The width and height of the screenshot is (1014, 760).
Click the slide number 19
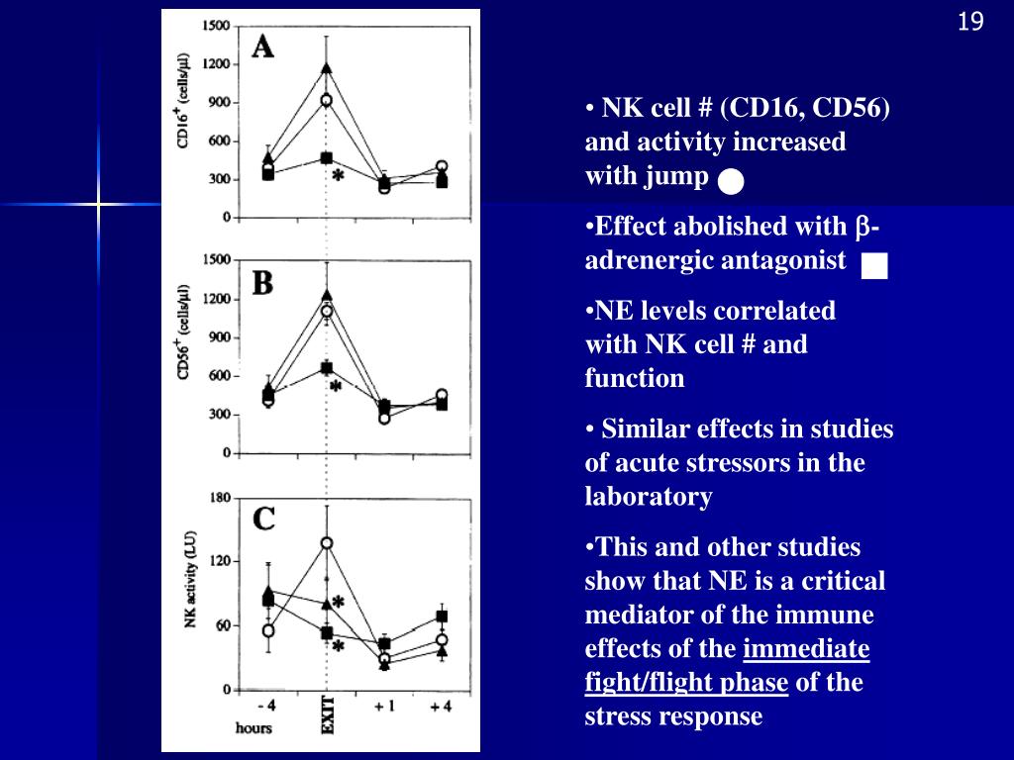coord(970,22)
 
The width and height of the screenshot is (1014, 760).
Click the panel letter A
coord(262,46)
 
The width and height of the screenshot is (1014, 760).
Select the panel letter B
coord(262,284)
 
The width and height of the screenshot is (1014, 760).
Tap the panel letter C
coord(263,519)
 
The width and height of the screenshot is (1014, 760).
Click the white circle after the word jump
coord(731,181)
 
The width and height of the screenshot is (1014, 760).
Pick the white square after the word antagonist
coord(874,266)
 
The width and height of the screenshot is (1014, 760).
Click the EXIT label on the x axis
coord(328,715)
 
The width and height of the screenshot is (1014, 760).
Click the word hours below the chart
coord(253,727)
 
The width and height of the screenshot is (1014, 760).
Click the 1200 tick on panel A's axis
coord(217,64)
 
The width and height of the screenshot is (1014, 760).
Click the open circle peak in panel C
coord(327,542)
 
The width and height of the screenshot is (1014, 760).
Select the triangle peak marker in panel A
coord(327,67)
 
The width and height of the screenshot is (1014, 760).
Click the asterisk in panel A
coord(338,176)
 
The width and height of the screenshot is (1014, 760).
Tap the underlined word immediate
coord(807,649)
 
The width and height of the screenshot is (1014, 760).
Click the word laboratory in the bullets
coord(649,497)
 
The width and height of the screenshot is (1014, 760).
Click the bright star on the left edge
coord(98,205)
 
